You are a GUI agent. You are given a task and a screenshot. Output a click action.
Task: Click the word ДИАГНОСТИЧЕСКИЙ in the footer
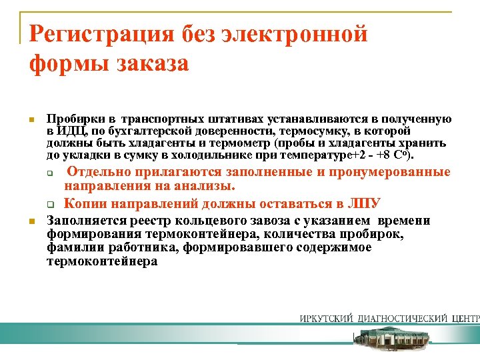397,318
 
